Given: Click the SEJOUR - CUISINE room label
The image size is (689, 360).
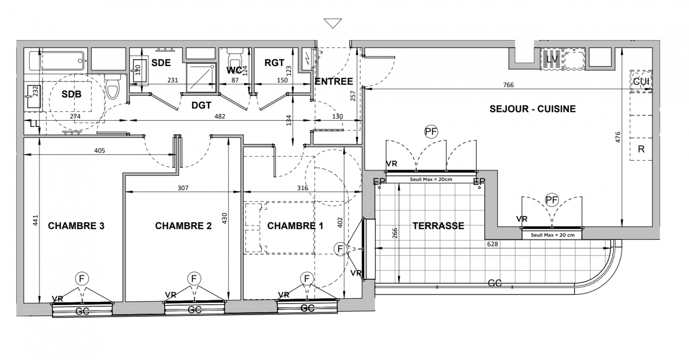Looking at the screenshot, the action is (532, 109).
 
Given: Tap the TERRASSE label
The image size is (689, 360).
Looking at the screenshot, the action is (438, 226).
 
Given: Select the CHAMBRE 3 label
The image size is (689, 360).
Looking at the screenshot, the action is (76, 226).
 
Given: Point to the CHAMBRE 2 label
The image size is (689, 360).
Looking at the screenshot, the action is (183, 226).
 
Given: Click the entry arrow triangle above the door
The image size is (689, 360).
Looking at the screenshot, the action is (333, 23).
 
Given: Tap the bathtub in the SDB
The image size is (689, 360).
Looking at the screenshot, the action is (57, 61).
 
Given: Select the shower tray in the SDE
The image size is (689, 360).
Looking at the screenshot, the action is (201, 78).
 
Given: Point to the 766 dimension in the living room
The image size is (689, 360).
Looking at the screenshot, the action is (508, 85).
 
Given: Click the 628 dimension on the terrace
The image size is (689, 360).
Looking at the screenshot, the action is (492, 244).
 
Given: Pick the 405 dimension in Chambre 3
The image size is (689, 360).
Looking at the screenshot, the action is (99, 150).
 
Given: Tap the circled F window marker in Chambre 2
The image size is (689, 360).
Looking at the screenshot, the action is (194, 279).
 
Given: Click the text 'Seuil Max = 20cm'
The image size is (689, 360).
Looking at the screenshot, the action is (431, 180).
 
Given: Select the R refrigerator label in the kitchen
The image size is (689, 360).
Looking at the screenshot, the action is (641, 149).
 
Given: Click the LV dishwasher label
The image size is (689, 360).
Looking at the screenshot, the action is (552, 59).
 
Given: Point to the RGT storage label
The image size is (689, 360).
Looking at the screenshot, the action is (274, 63).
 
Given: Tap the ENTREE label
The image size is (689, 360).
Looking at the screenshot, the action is (334, 81).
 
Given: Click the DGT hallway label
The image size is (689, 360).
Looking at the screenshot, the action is (201, 105).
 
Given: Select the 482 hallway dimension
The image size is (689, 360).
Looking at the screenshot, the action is (219, 116).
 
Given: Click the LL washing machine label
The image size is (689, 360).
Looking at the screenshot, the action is (35, 124).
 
